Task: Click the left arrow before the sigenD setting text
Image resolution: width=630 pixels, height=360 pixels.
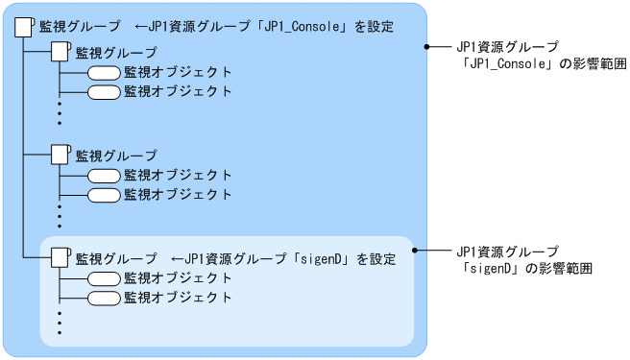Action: (x=176, y=259)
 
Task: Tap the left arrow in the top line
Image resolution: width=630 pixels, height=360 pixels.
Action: (x=141, y=26)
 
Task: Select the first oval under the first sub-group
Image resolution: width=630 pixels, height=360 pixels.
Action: (x=104, y=73)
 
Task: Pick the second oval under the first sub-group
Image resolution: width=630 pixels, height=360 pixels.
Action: (x=104, y=92)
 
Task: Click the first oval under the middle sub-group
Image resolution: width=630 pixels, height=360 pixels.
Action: (x=104, y=176)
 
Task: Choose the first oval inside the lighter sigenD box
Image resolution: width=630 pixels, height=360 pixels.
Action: (x=104, y=278)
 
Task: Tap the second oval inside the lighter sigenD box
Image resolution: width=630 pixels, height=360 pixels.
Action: (x=104, y=298)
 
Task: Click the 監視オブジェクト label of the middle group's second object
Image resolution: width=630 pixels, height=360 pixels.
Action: (x=178, y=194)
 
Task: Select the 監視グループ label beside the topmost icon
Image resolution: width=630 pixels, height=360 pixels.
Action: (x=80, y=26)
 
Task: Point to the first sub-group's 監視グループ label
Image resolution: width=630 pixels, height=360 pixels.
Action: (x=115, y=53)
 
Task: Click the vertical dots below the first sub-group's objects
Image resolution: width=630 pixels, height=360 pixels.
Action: (x=59, y=112)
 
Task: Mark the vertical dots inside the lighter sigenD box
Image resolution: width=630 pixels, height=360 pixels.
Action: (x=59, y=322)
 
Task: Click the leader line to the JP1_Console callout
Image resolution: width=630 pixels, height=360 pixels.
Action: (x=438, y=46)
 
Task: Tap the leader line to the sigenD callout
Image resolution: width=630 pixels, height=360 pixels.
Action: (x=430, y=251)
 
